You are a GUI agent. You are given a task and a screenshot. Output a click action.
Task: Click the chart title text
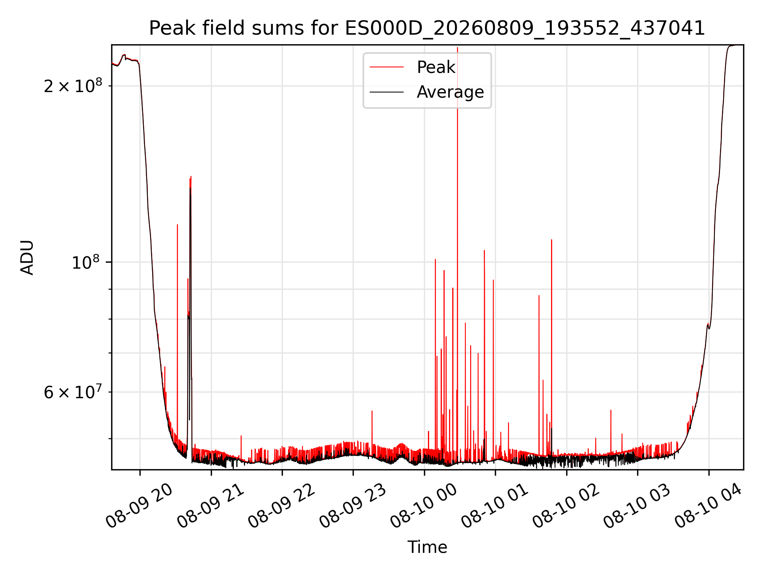pyautogui.click(x=427, y=28)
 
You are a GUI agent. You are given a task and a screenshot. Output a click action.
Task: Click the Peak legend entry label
pyautogui.click(x=436, y=67)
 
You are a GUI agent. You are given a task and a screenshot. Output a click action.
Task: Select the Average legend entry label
pyautogui.click(x=450, y=92)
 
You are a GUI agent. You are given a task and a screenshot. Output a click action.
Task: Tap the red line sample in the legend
pyautogui.click(x=386, y=67)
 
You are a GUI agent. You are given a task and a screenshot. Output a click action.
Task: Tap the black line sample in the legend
pyautogui.click(x=386, y=92)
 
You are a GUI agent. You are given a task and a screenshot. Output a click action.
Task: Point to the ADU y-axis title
pyautogui.click(x=27, y=257)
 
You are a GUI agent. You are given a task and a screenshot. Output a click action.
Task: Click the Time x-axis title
pyautogui.click(x=427, y=547)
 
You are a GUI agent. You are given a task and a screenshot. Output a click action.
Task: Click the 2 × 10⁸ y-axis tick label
pyautogui.click(x=73, y=85)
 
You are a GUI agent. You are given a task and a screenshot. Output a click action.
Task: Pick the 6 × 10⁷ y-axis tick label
pyautogui.click(x=73, y=392)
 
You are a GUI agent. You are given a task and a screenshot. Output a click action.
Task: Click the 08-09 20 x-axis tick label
pyautogui.click(x=139, y=505)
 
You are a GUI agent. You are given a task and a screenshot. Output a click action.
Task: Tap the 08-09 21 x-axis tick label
pyautogui.click(x=210, y=505)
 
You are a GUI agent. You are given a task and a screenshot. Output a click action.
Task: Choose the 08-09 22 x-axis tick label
pyautogui.click(x=282, y=505)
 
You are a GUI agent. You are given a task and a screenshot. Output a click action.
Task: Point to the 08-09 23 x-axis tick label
pyautogui.click(x=353, y=505)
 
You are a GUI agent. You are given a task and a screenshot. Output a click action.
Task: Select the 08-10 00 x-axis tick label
pyautogui.click(x=424, y=505)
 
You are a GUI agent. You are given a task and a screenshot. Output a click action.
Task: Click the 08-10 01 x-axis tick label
pyautogui.click(x=495, y=505)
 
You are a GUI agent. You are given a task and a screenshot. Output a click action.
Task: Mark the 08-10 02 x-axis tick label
pyautogui.click(x=566, y=505)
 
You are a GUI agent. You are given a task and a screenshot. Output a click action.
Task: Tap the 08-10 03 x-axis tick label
pyautogui.click(x=637, y=505)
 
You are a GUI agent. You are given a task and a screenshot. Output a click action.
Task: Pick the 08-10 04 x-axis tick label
pyautogui.click(x=708, y=505)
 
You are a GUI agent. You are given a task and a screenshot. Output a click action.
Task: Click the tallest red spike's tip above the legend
pyautogui.click(x=457, y=47)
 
